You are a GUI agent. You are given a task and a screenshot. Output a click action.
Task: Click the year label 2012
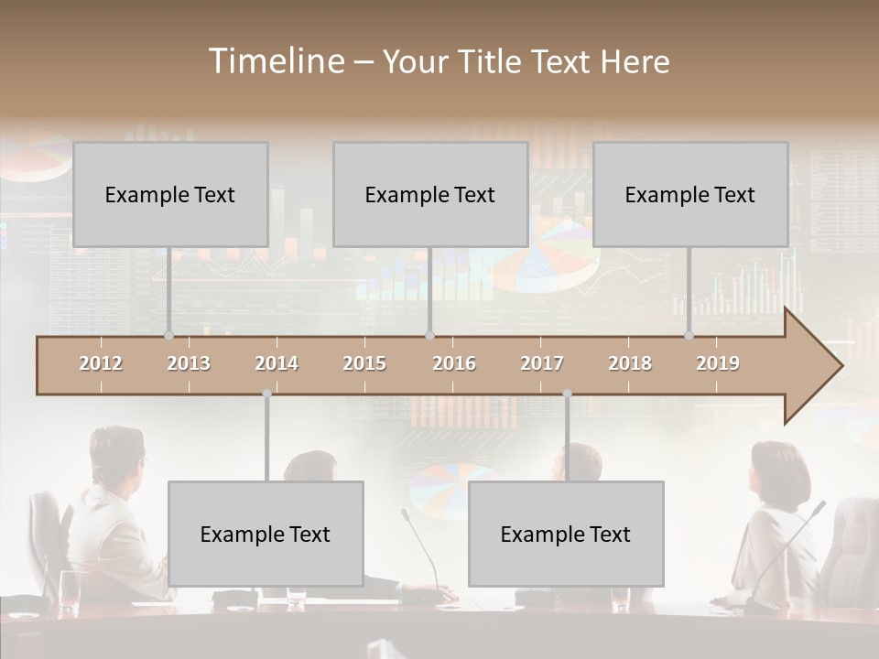(x=101, y=363)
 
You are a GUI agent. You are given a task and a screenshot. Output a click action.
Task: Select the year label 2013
(x=189, y=363)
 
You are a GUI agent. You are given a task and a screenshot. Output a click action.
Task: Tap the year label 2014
(x=277, y=363)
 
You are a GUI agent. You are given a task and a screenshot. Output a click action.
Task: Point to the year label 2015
(x=364, y=363)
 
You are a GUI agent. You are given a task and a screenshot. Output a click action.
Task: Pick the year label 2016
(x=454, y=363)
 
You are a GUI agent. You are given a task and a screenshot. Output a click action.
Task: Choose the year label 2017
(x=542, y=363)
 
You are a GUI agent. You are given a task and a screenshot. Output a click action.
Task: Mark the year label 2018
(x=630, y=363)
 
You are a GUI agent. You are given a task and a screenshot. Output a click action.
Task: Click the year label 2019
(x=718, y=363)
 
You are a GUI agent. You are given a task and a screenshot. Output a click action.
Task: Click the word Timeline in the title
(x=276, y=61)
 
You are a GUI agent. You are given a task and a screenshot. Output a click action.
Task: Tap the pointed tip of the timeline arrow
(x=841, y=366)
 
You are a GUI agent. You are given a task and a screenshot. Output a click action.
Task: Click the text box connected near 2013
(x=170, y=194)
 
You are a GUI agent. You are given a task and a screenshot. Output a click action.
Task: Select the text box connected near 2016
(x=430, y=194)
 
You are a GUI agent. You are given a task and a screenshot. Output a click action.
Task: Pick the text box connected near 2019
(x=690, y=194)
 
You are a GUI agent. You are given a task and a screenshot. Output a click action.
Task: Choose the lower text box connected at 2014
(x=266, y=534)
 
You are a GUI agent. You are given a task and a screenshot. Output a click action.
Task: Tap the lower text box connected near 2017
(x=566, y=534)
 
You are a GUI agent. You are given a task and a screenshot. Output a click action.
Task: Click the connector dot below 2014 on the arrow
(x=266, y=394)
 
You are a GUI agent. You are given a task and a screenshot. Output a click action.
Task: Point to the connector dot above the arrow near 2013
(x=168, y=335)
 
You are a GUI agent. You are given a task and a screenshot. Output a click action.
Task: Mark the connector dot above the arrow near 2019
(x=689, y=335)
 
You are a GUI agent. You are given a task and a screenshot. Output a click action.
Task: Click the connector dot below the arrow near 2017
(x=567, y=394)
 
